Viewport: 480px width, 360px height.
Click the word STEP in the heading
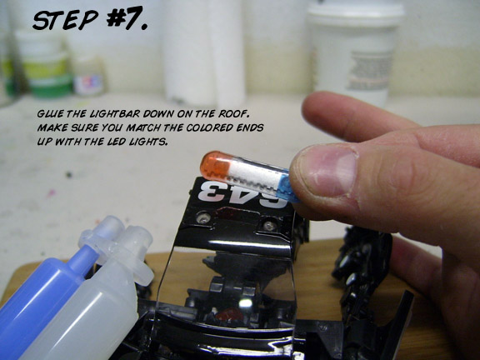click(65, 21)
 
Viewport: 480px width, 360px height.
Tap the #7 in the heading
click(127, 18)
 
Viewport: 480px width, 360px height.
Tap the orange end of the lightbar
click(215, 165)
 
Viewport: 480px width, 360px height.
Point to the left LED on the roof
click(203, 217)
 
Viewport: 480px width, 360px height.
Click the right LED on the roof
click(269, 226)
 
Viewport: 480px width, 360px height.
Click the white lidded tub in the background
click(354, 52)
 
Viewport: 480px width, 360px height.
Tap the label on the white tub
click(369, 71)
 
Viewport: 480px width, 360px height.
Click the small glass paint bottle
click(89, 77)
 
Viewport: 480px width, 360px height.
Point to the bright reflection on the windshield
click(245, 302)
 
